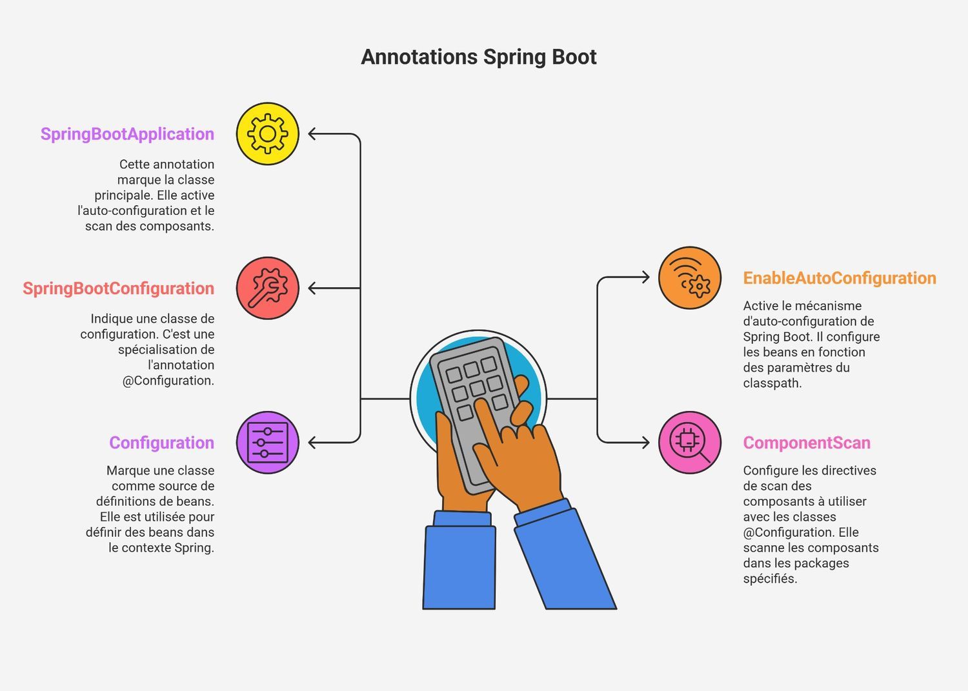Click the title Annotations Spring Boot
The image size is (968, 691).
tap(478, 57)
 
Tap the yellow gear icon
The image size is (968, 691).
tap(268, 134)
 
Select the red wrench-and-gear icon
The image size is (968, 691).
tap(268, 288)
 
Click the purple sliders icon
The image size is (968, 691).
tap(268, 443)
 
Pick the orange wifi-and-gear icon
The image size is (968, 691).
tap(690, 278)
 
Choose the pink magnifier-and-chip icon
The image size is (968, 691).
tap(690, 443)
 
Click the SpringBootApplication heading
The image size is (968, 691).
tap(128, 134)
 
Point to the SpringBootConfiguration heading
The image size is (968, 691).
tap(118, 288)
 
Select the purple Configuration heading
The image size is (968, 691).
tap(161, 443)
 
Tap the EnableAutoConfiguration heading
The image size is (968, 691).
tap(840, 278)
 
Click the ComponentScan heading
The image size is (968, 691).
tap(807, 443)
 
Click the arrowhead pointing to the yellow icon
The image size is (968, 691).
tap(313, 134)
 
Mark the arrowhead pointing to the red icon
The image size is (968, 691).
tap(313, 288)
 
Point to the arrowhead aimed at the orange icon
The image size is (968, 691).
tap(645, 277)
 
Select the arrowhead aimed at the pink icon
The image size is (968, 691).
tap(645, 443)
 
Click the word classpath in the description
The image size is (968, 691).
tap(772, 383)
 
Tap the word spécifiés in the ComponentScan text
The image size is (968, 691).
tap(769, 579)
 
